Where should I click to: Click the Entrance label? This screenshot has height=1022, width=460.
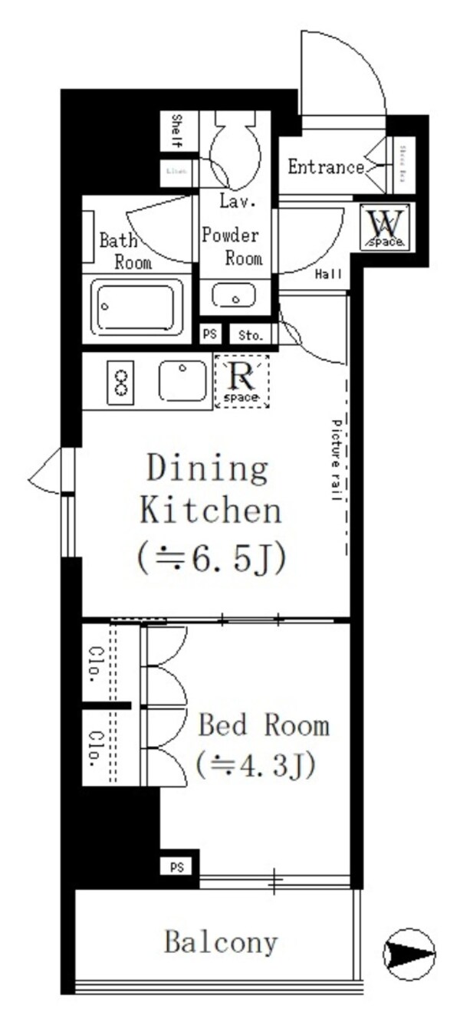[x=325, y=167]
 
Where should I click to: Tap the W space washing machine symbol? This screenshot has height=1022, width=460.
[x=386, y=227]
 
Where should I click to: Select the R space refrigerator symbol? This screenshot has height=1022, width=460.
[x=242, y=381]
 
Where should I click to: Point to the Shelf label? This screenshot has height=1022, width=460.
[x=176, y=131]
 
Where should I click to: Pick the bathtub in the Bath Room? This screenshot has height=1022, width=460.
[x=137, y=306]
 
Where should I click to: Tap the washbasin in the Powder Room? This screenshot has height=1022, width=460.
[x=234, y=294]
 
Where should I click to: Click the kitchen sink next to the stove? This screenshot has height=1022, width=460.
[x=182, y=380]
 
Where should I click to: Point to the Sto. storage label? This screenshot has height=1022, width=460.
[x=250, y=335]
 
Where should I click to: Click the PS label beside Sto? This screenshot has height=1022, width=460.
[x=209, y=335]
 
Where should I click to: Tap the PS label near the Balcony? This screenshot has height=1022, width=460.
[x=176, y=867]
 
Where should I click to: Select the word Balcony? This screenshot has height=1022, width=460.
[x=221, y=942]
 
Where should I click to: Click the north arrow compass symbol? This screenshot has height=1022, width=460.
[x=409, y=954]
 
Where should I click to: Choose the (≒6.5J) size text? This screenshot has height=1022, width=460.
[x=212, y=560]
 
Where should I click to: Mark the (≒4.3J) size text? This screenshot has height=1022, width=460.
[x=255, y=765]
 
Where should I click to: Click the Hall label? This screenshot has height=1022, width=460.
[x=328, y=274]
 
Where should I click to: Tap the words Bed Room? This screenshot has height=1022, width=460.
[x=263, y=725]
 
